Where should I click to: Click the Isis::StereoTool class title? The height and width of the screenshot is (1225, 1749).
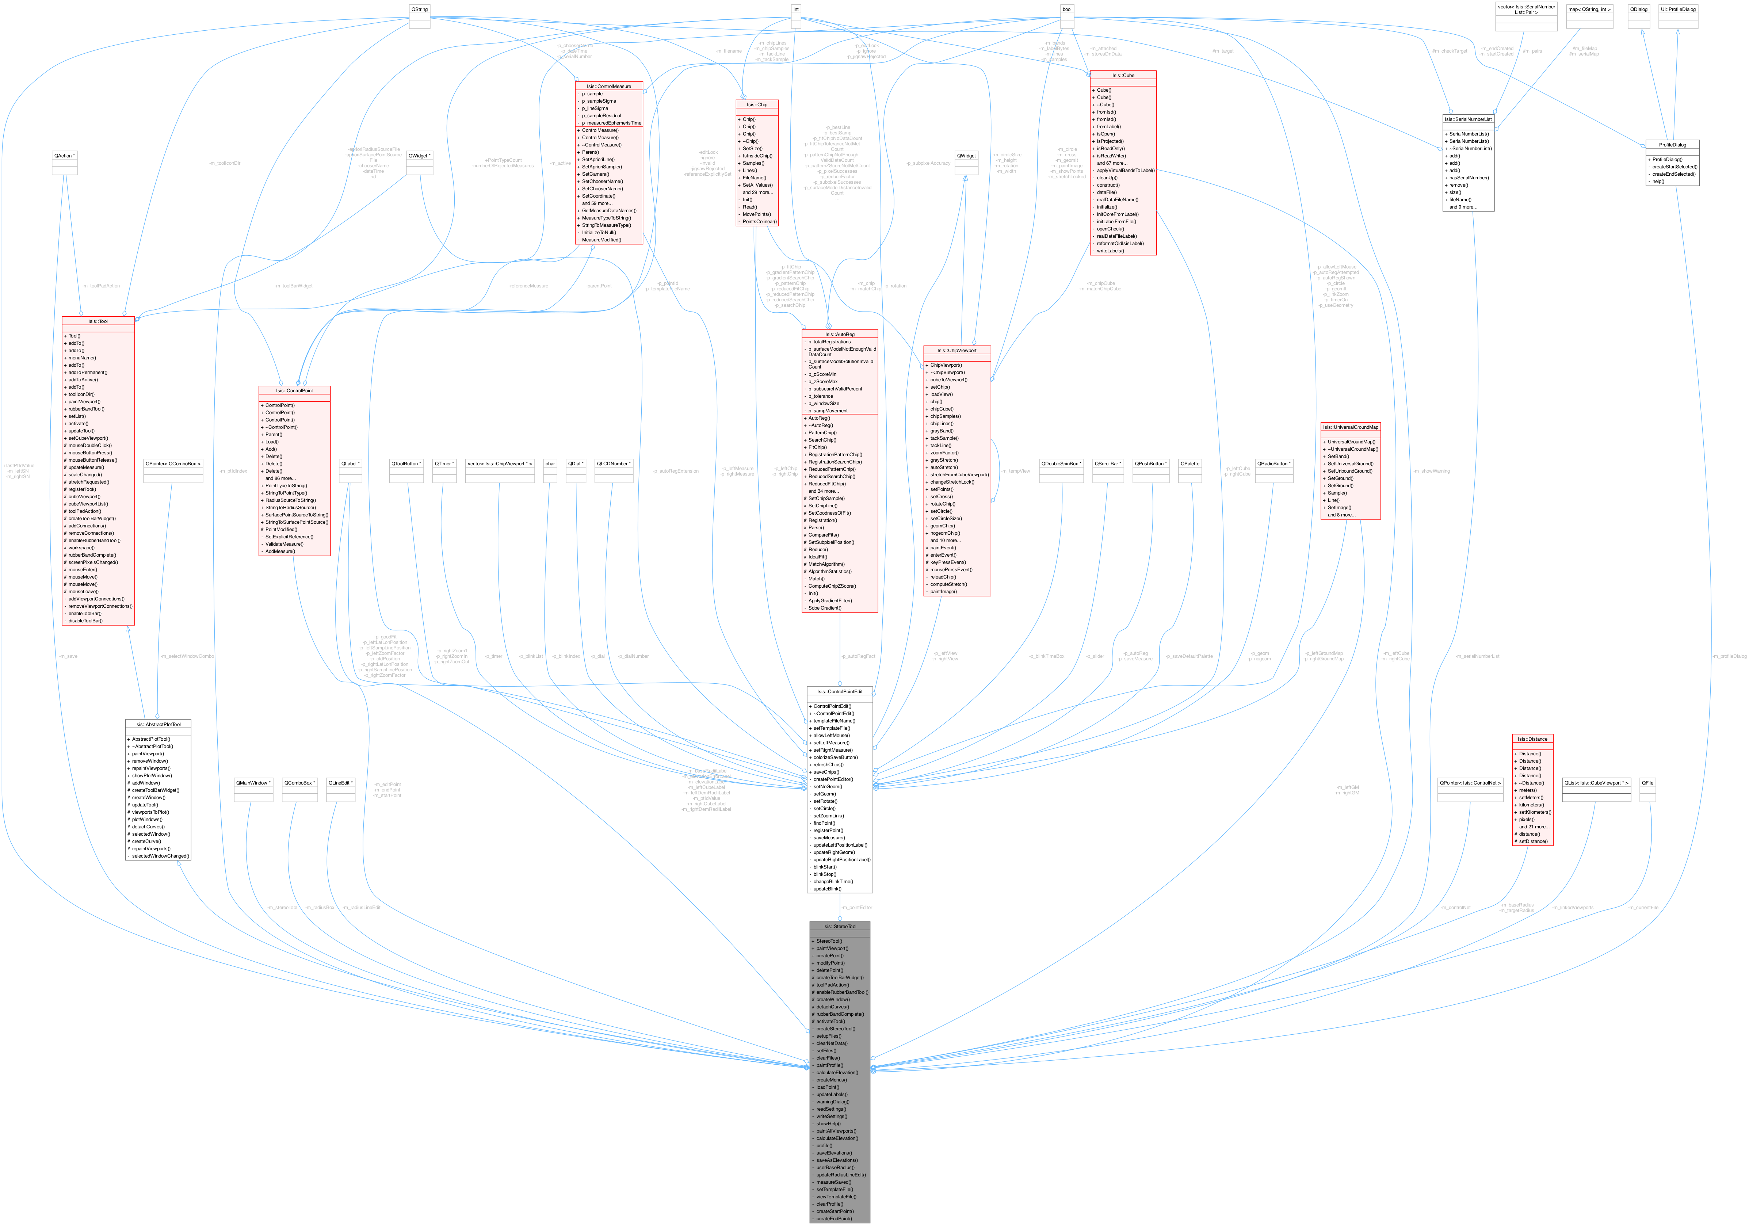[840, 926]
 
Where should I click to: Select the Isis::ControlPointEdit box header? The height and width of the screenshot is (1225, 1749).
[840, 692]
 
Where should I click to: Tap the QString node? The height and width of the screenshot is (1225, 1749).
[419, 9]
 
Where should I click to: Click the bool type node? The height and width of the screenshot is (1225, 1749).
[1066, 9]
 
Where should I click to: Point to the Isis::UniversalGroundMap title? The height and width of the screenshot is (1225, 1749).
[1350, 427]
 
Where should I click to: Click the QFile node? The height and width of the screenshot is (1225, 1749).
[1647, 783]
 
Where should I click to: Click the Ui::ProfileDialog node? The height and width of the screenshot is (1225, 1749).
[1677, 9]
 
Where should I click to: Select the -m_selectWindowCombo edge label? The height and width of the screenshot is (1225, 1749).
[187, 656]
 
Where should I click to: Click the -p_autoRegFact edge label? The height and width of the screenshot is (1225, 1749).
[858, 656]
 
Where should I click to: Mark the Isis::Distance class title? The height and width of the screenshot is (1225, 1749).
[1532, 739]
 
